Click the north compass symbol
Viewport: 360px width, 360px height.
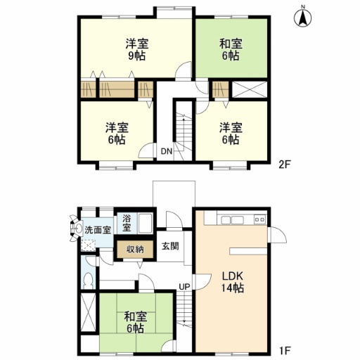(x=303, y=18)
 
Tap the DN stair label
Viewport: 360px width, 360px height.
(x=167, y=151)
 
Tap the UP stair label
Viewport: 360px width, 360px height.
(x=184, y=286)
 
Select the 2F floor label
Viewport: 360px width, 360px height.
(x=285, y=165)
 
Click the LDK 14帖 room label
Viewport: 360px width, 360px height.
(x=233, y=282)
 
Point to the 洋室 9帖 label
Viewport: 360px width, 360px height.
(x=137, y=49)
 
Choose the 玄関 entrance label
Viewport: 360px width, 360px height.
(x=170, y=246)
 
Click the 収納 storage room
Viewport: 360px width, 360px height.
(x=135, y=250)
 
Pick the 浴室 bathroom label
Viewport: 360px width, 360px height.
(x=127, y=224)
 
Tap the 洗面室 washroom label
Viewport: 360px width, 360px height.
(x=98, y=230)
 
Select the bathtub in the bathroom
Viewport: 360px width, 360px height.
(x=146, y=222)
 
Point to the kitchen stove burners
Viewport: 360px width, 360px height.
(x=260, y=220)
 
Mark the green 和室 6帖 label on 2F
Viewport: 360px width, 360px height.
(x=231, y=49)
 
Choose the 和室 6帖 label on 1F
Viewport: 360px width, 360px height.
(x=135, y=322)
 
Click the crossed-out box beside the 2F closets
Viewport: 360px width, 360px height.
(x=250, y=89)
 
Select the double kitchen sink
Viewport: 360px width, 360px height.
(x=233, y=220)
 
